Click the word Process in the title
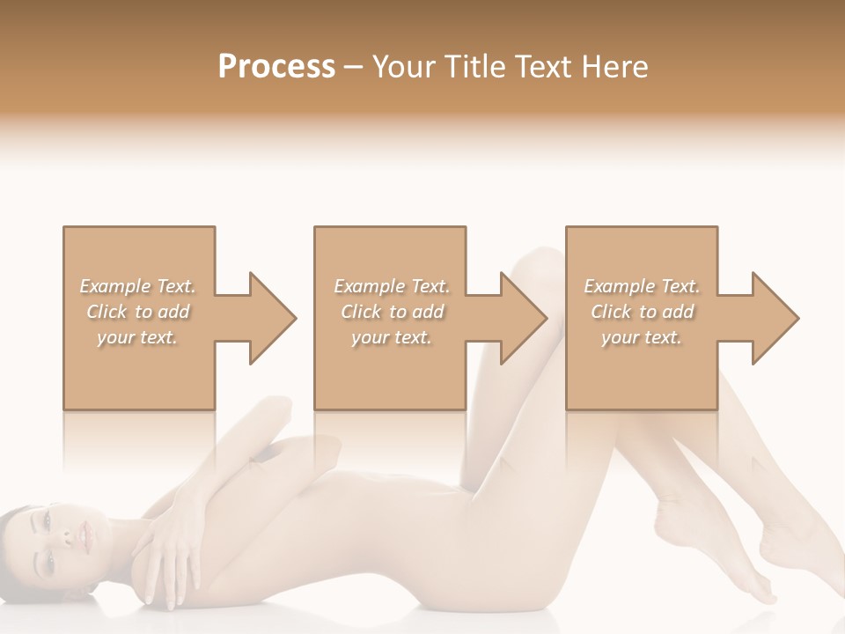(x=276, y=67)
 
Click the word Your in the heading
(x=403, y=67)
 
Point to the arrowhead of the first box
(x=273, y=318)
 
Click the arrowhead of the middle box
(x=525, y=318)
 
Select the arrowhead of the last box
(x=775, y=318)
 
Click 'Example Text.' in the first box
(x=137, y=286)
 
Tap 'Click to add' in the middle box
(x=392, y=312)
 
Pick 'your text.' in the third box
(x=641, y=337)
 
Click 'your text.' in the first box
(x=137, y=337)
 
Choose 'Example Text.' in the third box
(x=641, y=286)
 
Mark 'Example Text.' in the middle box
(x=392, y=286)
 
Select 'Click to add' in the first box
(x=137, y=312)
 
